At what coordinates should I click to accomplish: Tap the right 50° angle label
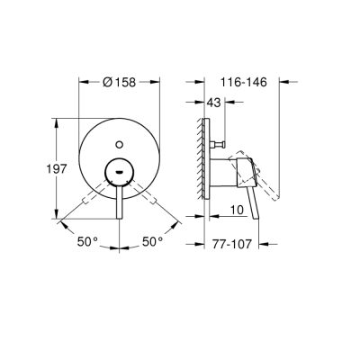152,240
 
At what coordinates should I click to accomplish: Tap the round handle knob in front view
120,167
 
